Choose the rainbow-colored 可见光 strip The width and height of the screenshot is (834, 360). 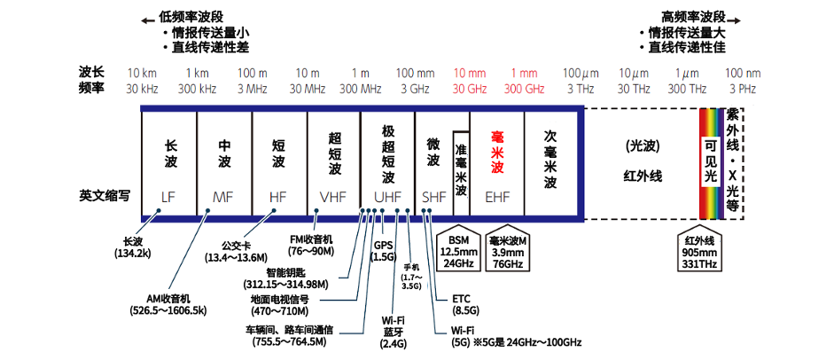click(x=711, y=161)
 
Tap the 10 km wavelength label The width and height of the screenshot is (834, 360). click(x=143, y=73)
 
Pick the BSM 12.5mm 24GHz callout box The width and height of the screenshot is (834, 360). click(x=460, y=251)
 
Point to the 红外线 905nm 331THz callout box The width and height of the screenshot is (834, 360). click(x=700, y=251)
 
